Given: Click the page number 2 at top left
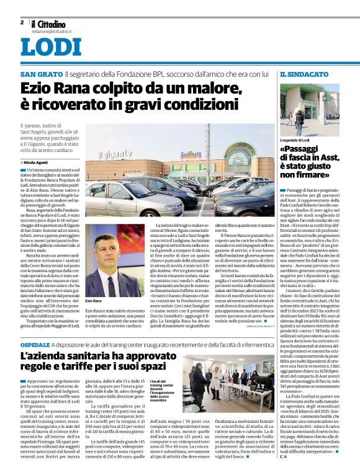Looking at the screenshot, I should [22, 22].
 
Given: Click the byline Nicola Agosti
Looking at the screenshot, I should [37, 161].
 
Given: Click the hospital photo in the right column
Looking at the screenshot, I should [309, 109].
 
